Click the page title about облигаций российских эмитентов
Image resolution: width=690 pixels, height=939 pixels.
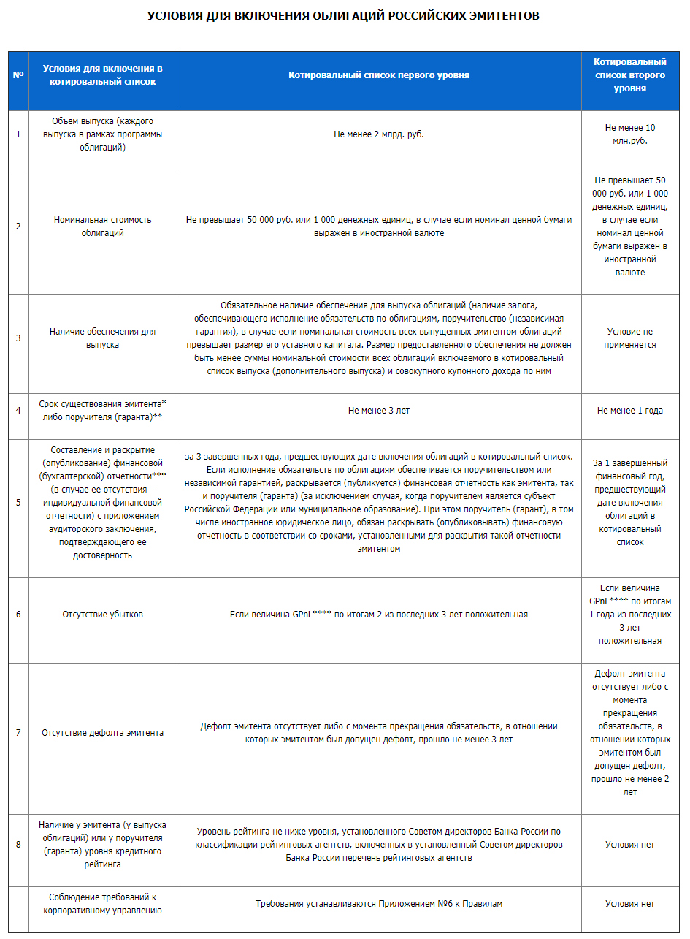pyautogui.click(x=343, y=15)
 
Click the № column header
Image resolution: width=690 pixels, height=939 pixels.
pyautogui.click(x=18, y=75)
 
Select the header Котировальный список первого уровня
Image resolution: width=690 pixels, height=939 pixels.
pyautogui.click(x=378, y=75)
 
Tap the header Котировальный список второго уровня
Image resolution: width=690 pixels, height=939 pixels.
pyautogui.click(x=629, y=75)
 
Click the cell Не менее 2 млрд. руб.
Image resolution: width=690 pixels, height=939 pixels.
pyautogui.click(x=378, y=134)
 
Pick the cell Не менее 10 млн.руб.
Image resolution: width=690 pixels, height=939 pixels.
pyautogui.click(x=629, y=134)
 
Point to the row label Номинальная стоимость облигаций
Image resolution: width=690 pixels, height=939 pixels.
pyautogui.click(x=102, y=227)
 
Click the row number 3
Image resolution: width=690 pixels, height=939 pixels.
pyautogui.click(x=18, y=338)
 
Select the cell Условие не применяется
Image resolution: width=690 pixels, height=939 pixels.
pyautogui.click(x=629, y=338)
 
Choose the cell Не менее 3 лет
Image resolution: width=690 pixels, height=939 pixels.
pyautogui.click(x=378, y=411)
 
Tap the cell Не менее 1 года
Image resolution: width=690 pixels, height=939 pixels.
pyautogui.click(x=629, y=411)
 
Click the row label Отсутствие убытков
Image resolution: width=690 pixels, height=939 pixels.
pyautogui.click(x=102, y=615)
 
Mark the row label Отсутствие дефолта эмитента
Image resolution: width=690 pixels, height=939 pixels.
pyautogui.click(x=102, y=733)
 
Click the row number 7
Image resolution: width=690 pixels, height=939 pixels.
pyautogui.click(x=18, y=733)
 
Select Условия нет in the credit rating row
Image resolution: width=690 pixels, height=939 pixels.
pyautogui.click(x=629, y=845)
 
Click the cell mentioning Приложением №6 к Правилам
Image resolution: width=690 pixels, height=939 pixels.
pyautogui.click(x=378, y=904)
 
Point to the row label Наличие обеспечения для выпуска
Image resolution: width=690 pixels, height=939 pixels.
pyautogui.click(x=102, y=338)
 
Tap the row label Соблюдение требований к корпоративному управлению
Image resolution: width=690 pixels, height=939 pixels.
pyautogui.click(x=102, y=904)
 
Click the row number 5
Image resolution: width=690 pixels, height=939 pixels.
pyautogui.click(x=18, y=503)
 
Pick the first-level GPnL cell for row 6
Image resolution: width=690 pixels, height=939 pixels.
pyautogui.click(x=378, y=615)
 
